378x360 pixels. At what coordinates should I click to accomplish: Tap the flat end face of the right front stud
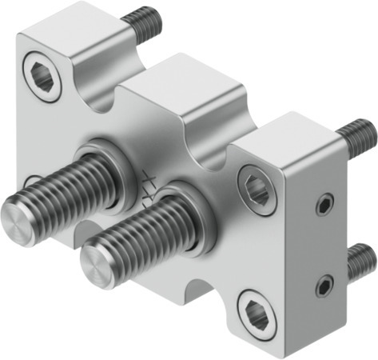(x=99, y=262)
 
